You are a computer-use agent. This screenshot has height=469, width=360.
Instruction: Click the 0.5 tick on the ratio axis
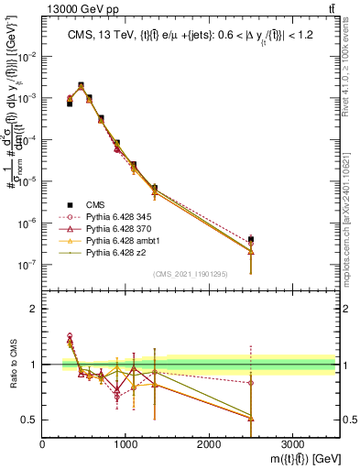tap(30, 420)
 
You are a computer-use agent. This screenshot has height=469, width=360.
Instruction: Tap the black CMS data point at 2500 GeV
tap(251, 239)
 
